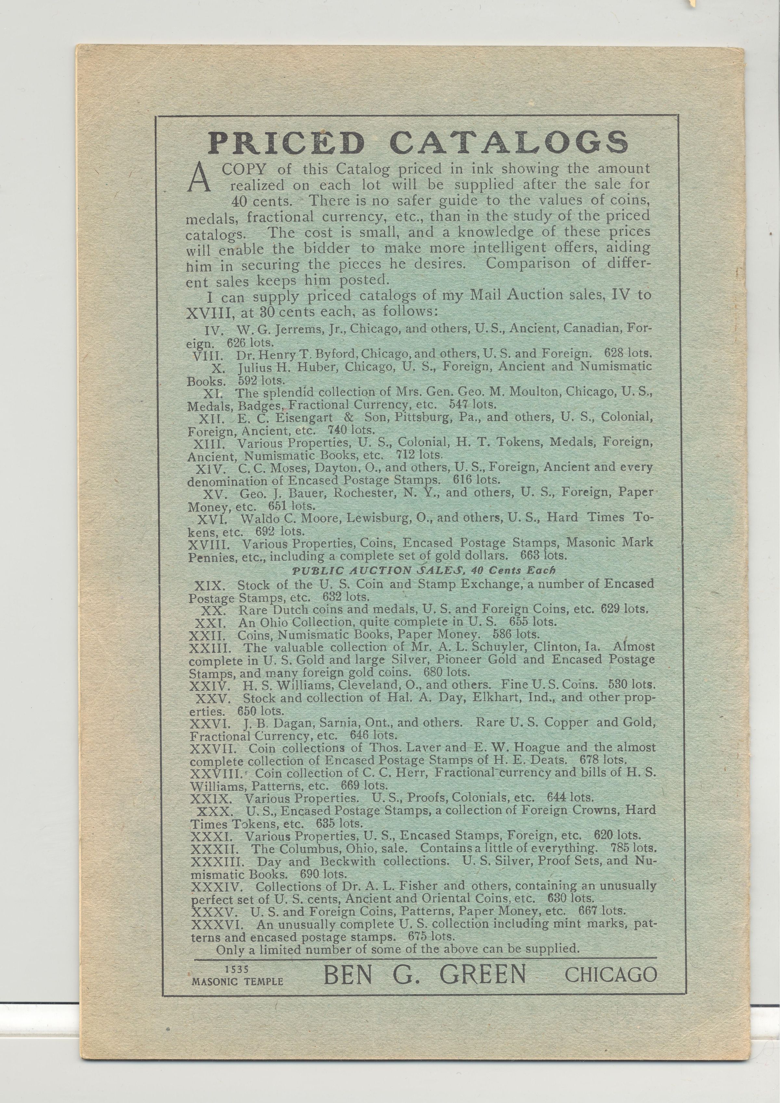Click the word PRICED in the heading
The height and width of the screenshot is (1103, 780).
287,143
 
